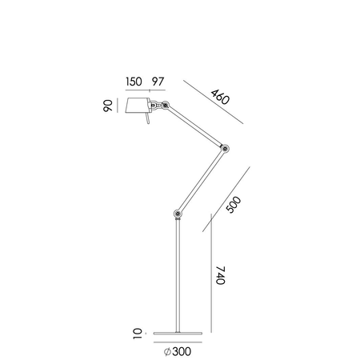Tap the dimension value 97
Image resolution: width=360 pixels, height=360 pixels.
tap(158, 82)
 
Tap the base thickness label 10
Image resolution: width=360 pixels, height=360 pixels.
tap(138, 331)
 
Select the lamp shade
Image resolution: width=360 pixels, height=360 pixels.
tap(138, 107)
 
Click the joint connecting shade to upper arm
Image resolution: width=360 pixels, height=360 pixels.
tap(164, 104)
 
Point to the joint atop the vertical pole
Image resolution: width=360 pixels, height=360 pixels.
tap(177, 214)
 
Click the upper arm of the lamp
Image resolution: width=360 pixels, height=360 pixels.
tap(195, 126)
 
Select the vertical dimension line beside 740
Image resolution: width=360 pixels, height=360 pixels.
tap(210, 272)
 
